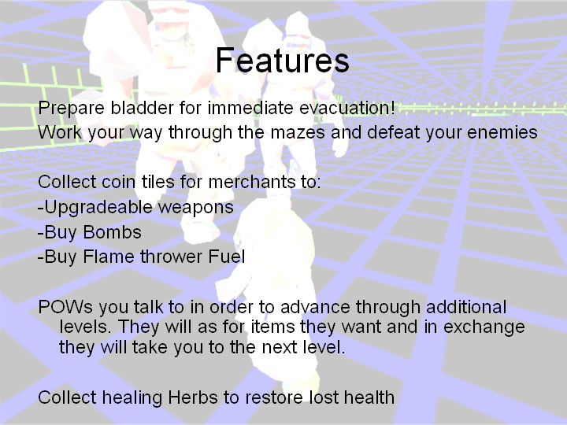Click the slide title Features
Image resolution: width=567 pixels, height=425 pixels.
click(283, 60)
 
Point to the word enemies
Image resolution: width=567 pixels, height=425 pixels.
click(502, 132)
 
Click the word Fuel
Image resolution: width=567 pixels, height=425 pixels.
click(226, 257)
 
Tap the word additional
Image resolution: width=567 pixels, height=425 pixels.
click(465, 307)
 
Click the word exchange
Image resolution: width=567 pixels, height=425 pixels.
click(484, 327)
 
